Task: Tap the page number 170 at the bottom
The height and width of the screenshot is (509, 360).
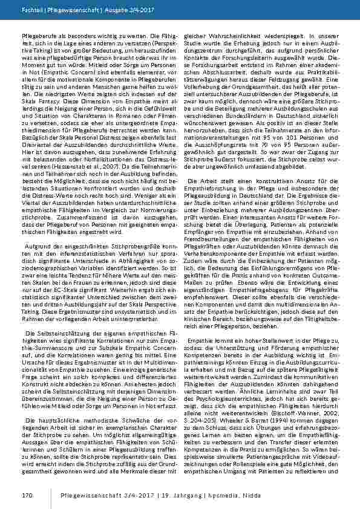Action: click(18, 495)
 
